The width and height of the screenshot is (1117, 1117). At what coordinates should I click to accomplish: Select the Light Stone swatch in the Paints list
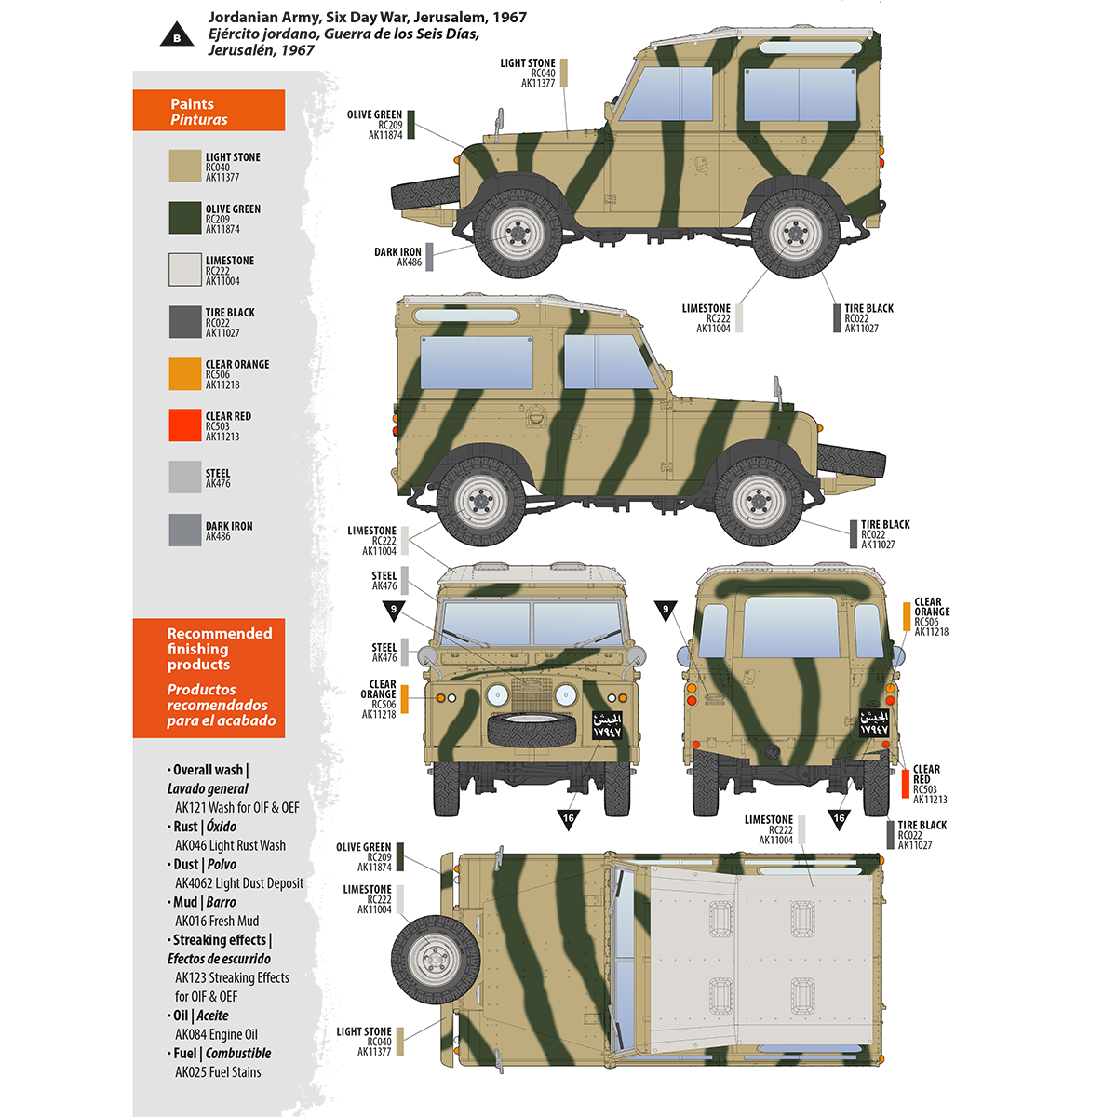(185, 166)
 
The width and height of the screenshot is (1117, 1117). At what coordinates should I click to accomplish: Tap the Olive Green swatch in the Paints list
(185, 218)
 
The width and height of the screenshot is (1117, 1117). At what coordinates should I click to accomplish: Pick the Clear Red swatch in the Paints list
(185, 425)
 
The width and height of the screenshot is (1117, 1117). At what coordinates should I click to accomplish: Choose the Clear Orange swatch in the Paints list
(185, 373)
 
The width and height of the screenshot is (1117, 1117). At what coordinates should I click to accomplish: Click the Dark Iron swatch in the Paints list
(185, 530)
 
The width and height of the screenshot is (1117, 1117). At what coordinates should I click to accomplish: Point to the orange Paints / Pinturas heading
(209, 111)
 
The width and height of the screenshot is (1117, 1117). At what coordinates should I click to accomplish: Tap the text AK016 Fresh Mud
(217, 921)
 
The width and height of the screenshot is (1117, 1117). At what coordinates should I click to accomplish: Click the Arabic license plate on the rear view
(873, 723)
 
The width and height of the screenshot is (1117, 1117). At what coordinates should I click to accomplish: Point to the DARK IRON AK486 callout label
(398, 257)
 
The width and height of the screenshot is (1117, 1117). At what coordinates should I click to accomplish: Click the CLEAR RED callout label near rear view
(926, 784)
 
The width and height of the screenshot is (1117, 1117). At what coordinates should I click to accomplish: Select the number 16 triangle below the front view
(568, 819)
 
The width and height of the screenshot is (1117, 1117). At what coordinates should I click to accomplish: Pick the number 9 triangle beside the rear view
(666, 612)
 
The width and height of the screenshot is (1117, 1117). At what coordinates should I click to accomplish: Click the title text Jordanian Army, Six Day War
(367, 17)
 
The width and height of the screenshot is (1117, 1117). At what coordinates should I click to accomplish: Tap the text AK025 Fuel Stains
(218, 1072)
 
